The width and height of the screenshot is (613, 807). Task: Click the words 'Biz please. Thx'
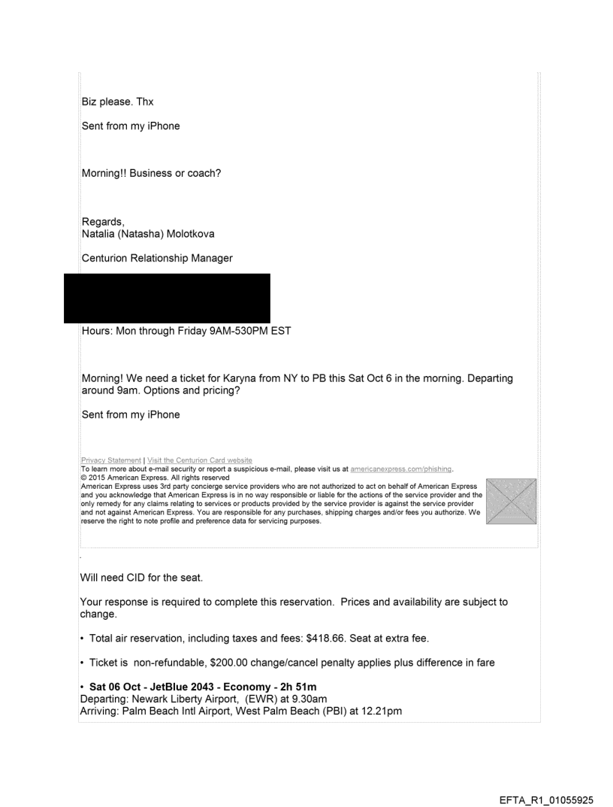pos(117,102)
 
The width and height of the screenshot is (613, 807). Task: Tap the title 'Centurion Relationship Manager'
pos(157,258)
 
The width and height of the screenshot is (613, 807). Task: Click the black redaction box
pos(167,298)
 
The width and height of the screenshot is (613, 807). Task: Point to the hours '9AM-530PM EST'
pos(241,330)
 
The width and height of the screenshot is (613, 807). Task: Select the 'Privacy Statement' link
pos(110,460)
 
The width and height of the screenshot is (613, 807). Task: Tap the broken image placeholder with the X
pos(512,501)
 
